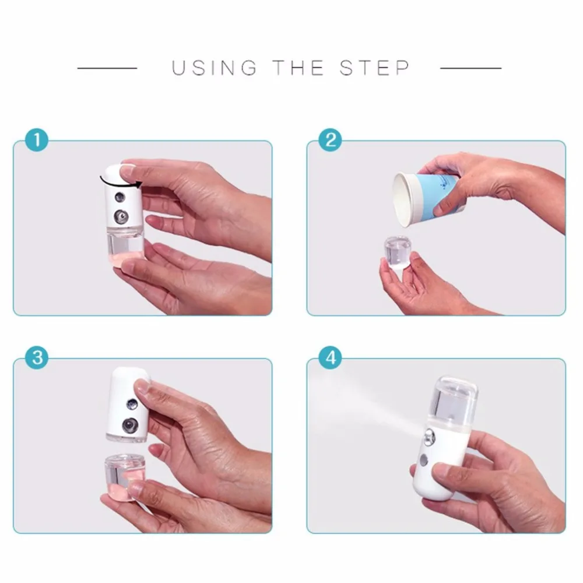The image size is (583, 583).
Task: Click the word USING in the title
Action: (214, 68)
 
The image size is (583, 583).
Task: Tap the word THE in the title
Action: (298, 68)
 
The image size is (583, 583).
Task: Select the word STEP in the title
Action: (374, 68)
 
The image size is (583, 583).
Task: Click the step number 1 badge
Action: (36, 140)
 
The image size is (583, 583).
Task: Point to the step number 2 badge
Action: (330, 140)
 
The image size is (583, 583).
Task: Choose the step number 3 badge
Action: (36, 358)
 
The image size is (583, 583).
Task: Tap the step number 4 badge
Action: (330, 358)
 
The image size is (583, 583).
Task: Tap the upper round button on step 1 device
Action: (120, 197)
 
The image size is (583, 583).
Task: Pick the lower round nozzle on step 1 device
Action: (121, 216)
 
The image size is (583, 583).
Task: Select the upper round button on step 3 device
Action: (132, 404)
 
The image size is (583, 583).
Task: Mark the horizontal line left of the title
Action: (107, 68)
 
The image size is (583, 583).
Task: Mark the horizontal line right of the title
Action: (470, 68)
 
